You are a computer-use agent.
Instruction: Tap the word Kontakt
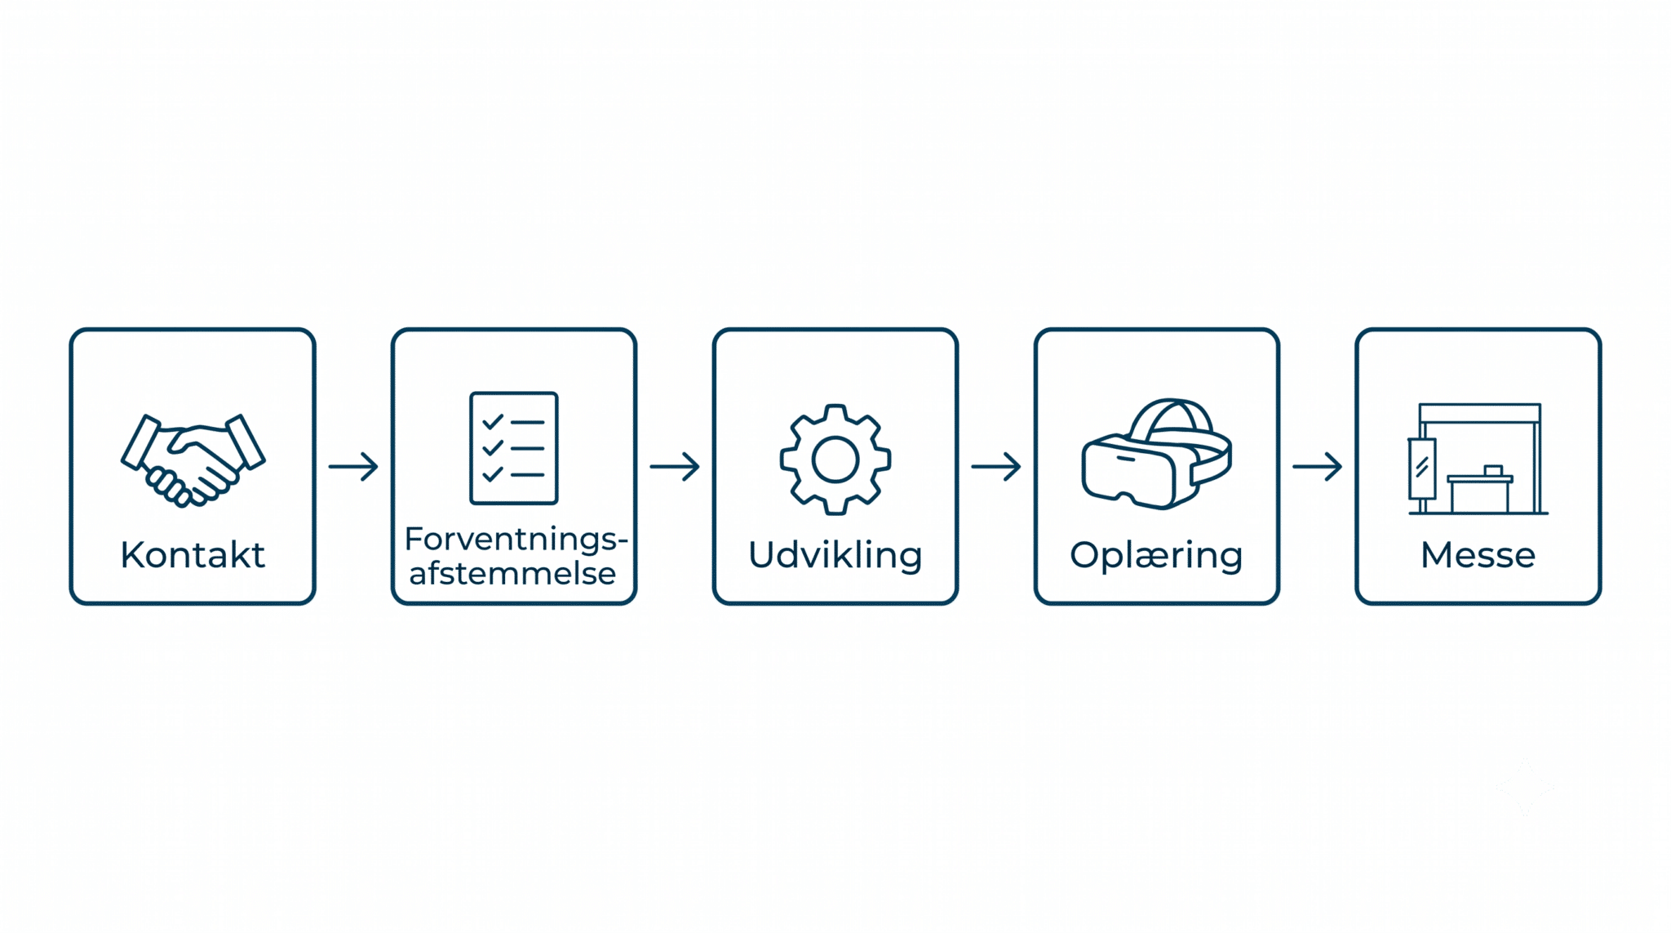(x=193, y=555)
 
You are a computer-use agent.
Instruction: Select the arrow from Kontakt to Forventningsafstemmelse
(x=353, y=467)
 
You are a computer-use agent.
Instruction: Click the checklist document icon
(x=514, y=448)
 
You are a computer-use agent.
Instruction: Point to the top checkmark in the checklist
(x=493, y=422)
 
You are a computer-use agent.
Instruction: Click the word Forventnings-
(x=516, y=540)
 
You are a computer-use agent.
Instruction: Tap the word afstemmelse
(x=512, y=573)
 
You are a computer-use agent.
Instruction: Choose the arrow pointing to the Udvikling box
(x=675, y=467)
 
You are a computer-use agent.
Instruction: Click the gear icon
(x=835, y=460)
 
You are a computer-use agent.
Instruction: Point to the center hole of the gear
(x=835, y=460)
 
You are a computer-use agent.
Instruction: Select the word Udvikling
(x=835, y=555)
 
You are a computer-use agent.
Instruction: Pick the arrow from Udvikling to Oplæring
(x=996, y=467)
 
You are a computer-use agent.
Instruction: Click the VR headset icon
(x=1157, y=455)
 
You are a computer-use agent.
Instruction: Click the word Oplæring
(x=1156, y=556)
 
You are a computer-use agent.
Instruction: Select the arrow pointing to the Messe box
(x=1318, y=467)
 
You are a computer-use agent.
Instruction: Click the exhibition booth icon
(x=1478, y=459)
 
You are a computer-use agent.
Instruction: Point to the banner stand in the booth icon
(x=1422, y=469)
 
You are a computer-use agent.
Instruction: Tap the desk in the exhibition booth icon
(x=1480, y=493)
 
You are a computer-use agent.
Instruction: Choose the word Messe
(x=1478, y=555)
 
